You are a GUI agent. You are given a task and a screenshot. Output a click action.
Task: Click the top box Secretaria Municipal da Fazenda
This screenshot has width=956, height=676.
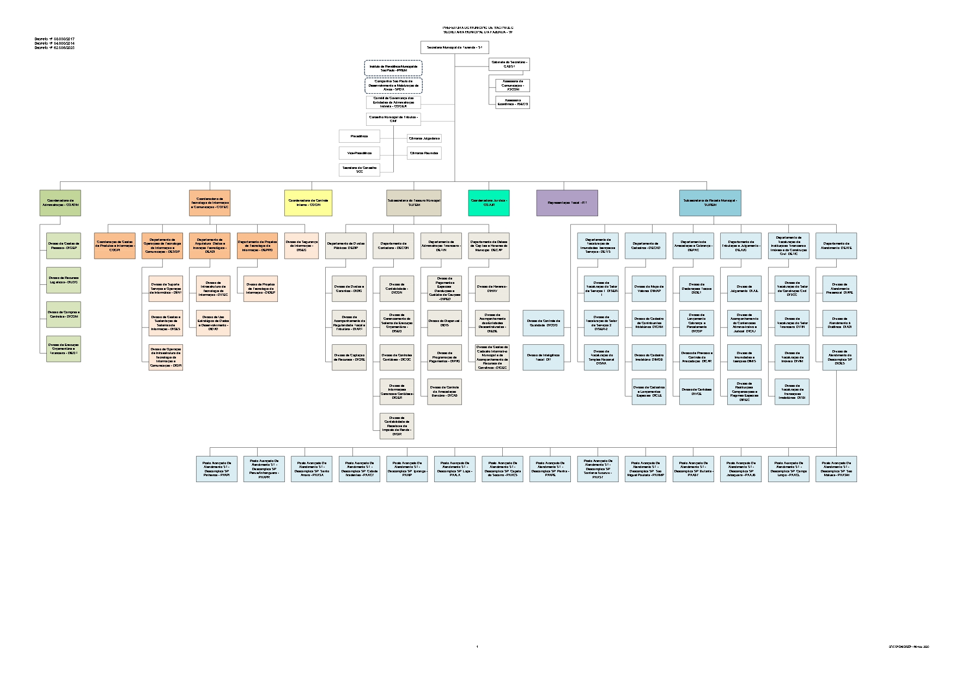coord(454,47)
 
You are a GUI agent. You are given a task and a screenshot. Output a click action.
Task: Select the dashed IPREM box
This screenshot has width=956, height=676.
coord(393,68)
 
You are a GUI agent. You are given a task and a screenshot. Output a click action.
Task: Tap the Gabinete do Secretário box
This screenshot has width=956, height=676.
coord(509,64)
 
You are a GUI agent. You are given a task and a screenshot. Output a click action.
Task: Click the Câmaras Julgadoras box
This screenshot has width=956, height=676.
coord(424,138)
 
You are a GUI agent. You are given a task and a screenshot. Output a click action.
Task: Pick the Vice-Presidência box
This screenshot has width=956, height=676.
coord(359,153)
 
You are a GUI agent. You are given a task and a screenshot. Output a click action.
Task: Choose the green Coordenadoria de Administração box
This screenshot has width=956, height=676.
coord(60,203)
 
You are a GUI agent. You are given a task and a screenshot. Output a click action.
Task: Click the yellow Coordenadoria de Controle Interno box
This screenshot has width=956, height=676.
coord(308,203)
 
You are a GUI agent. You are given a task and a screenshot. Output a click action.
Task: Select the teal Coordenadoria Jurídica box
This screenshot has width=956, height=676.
coord(489,203)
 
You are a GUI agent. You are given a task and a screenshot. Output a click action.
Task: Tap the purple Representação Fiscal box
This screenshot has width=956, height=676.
coord(567,203)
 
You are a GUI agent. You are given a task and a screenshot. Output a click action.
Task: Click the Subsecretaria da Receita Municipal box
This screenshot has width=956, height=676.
coord(710,203)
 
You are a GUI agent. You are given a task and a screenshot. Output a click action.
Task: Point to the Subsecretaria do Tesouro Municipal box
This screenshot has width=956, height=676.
coord(413,203)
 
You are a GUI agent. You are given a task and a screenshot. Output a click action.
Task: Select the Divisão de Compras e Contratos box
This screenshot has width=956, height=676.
coord(63,314)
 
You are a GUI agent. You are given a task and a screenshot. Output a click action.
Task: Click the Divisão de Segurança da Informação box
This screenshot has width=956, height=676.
coord(301,246)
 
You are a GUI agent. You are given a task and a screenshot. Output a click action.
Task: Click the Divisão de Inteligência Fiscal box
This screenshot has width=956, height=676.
coord(543,357)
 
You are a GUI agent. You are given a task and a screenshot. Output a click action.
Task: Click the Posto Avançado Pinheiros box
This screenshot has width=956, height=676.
coord(217,469)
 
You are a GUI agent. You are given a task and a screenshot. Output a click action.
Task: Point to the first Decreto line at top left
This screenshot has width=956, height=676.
coord(54,39)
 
